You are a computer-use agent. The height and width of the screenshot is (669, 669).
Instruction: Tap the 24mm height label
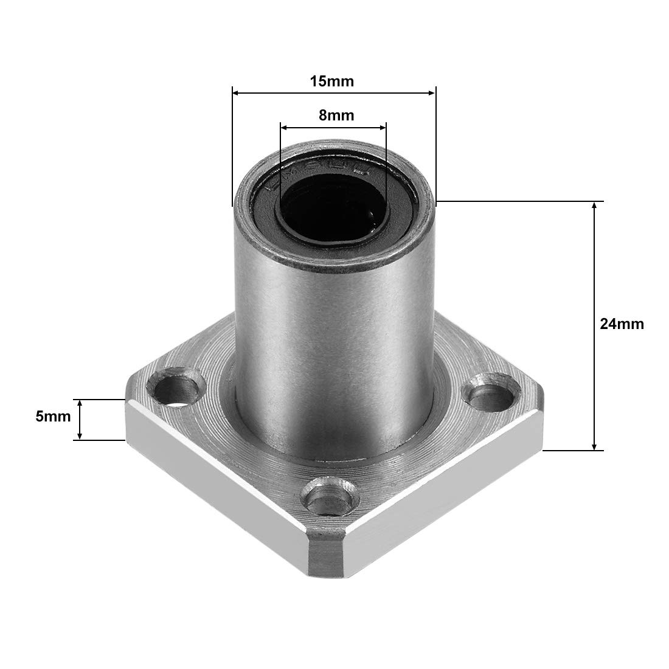(622, 324)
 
